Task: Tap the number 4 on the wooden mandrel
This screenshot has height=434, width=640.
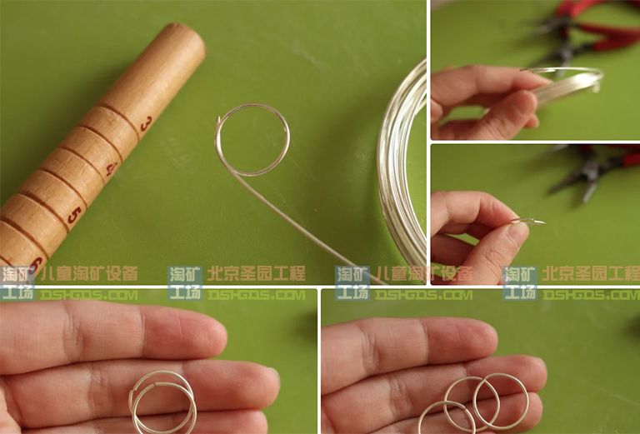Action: [x=110, y=169]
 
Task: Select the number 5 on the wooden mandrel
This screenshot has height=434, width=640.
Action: [x=74, y=214]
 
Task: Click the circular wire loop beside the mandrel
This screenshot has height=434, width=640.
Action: [x=253, y=139]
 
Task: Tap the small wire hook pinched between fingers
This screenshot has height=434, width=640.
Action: [x=529, y=221]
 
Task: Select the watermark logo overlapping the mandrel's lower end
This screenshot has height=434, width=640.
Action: [x=17, y=282]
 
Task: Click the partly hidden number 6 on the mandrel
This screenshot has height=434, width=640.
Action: [x=37, y=263]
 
